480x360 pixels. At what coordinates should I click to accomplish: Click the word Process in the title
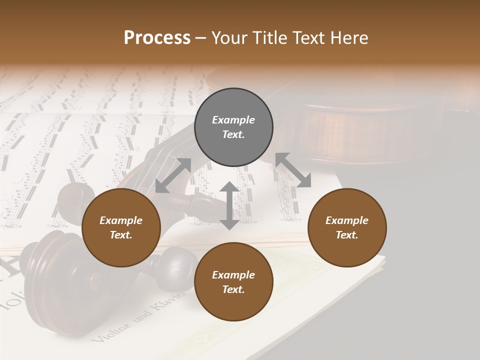(157, 38)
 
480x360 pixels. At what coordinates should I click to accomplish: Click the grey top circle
(233, 127)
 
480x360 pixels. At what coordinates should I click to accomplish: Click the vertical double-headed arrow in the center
(229, 205)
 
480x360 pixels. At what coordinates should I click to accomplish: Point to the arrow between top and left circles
(173, 175)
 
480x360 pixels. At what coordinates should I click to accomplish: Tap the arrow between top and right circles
(293, 170)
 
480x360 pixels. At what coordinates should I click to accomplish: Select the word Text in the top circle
(233, 135)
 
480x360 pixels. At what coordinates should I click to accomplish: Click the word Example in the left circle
(121, 220)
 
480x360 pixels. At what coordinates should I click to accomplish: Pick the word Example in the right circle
(347, 220)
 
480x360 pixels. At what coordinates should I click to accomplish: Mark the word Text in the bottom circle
(233, 290)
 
